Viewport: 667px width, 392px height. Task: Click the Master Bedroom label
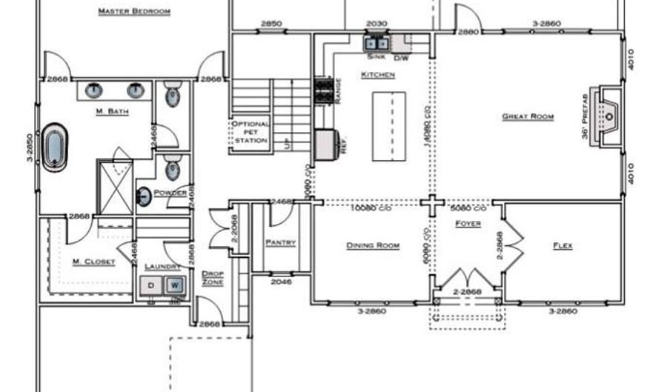(x=134, y=12)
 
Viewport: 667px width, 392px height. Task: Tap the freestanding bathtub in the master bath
(x=55, y=147)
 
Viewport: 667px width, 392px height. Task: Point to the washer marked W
(x=175, y=285)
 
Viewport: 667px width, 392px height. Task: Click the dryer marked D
(x=151, y=285)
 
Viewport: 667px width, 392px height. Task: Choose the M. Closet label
(x=93, y=262)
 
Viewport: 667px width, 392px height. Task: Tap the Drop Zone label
(x=213, y=277)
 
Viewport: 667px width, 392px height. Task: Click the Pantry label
(x=280, y=242)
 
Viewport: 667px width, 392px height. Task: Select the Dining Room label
(x=373, y=245)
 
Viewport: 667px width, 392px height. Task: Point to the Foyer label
(x=468, y=223)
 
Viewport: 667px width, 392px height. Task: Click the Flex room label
(x=563, y=245)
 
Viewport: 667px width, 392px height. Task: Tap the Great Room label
(x=528, y=116)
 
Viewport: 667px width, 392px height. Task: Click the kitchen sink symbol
(x=373, y=44)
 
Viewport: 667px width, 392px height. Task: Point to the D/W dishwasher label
(x=401, y=57)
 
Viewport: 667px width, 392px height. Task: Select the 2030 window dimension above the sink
(x=377, y=24)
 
